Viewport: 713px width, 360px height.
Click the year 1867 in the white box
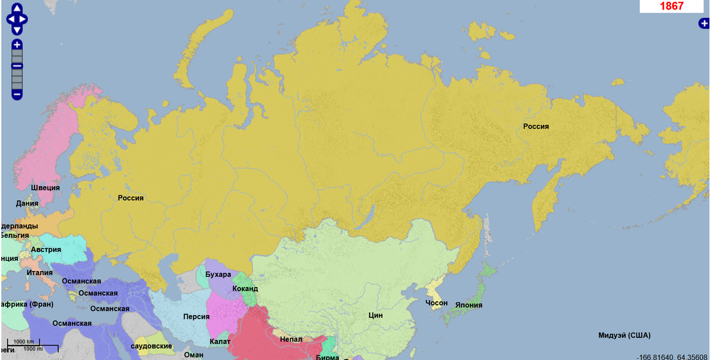point(671,7)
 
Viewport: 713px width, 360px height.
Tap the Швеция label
point(45,188)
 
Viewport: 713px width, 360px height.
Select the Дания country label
point(27,203)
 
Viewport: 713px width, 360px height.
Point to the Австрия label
point(46,250)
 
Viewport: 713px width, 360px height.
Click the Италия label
point(39,273)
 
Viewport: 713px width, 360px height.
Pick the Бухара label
point(218,274)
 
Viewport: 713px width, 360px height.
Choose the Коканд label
point(245,288)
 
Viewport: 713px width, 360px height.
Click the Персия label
point(196,317)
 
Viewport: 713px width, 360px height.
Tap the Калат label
point(220,342)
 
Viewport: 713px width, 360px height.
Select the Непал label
point(291,339)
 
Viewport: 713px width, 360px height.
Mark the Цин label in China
point(376,315)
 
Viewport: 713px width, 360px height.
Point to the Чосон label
point(437,303)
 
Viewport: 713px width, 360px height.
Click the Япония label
point(469,305)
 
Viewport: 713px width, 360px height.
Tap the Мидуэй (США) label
point(624,335)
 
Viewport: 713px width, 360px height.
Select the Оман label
point(194,355)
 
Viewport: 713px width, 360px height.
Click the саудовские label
point(152,346)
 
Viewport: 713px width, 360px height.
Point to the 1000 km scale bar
point(24,342)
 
